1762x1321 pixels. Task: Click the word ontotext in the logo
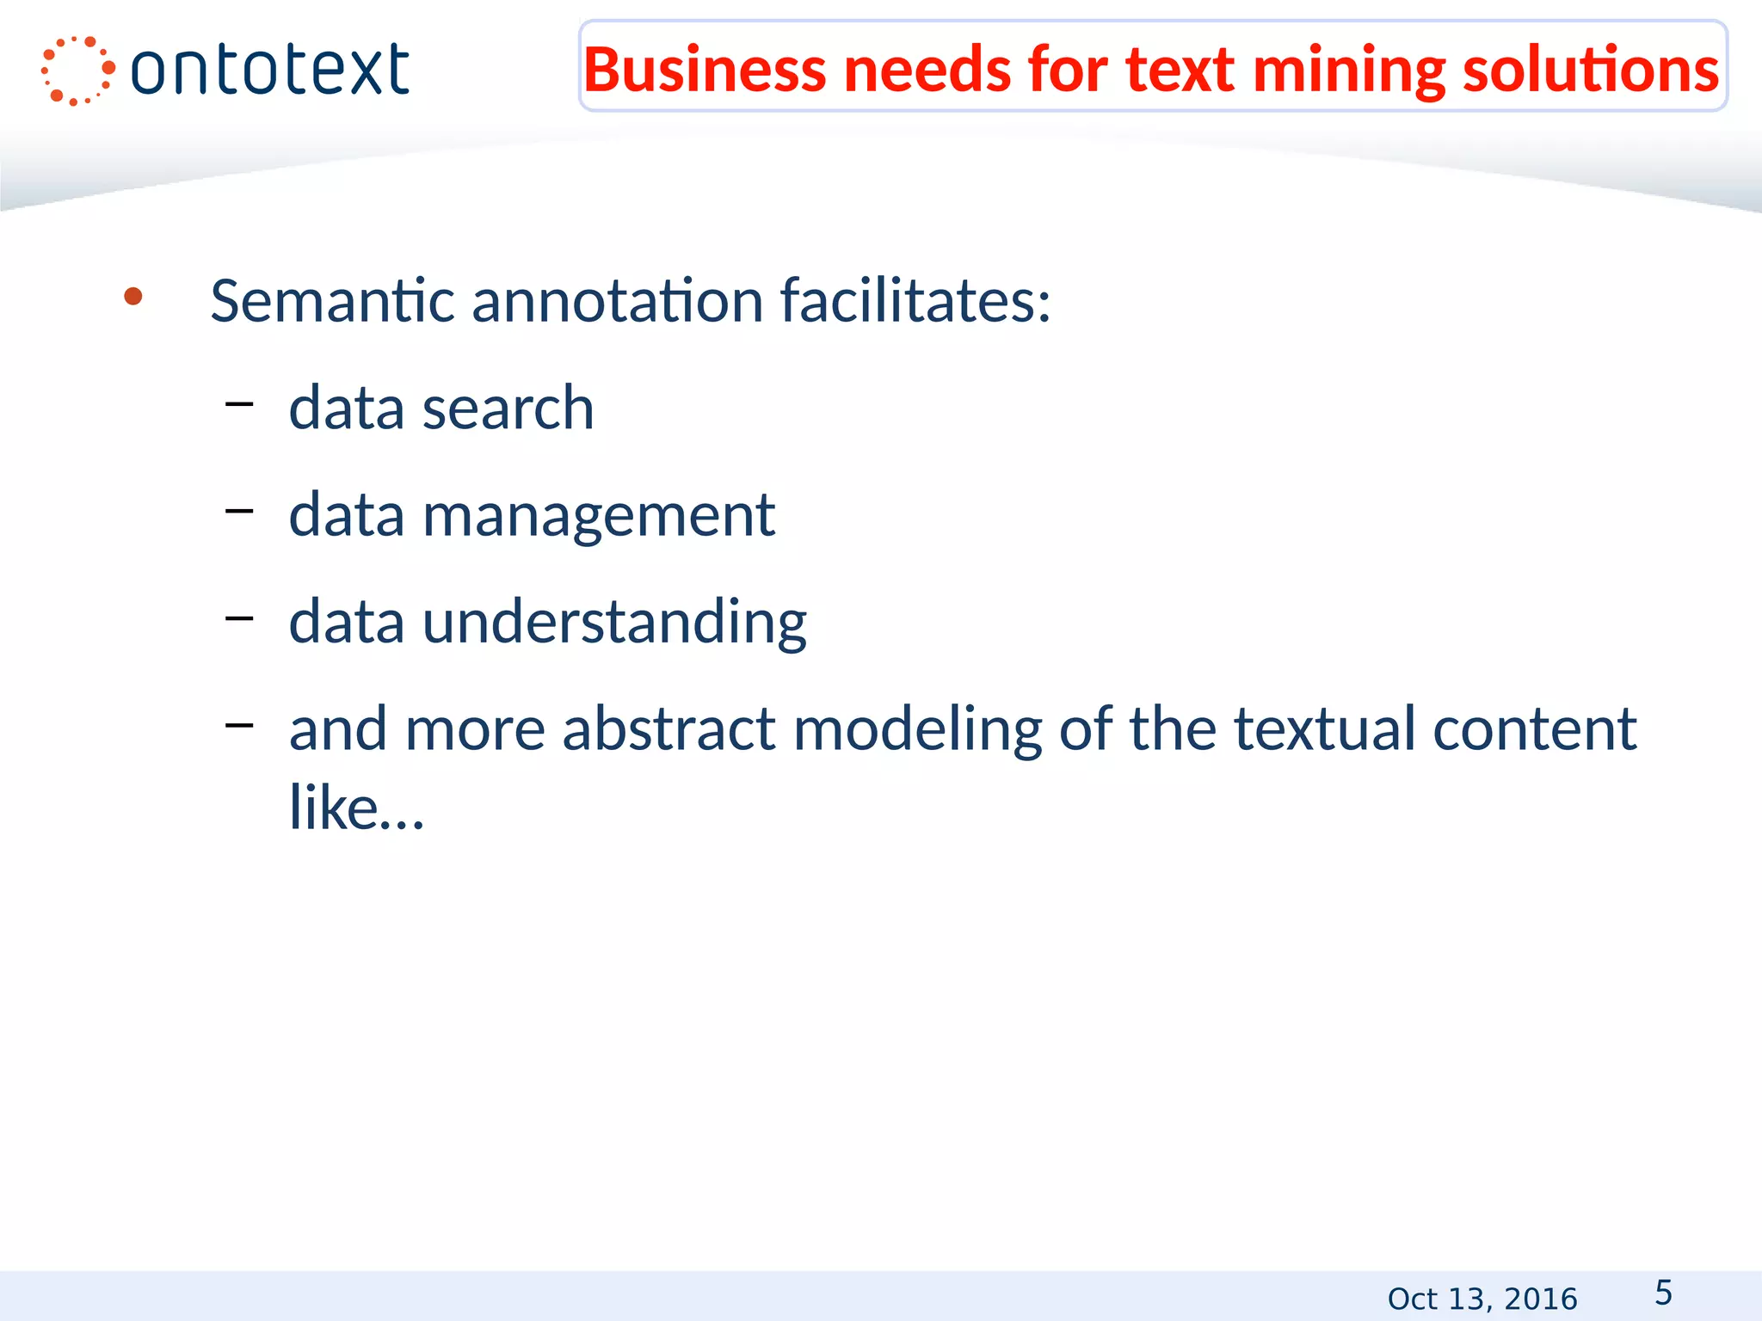(x=269, y=71)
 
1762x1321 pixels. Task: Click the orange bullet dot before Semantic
(x=132, y=298)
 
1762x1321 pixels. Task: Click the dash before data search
(x=239, y=402)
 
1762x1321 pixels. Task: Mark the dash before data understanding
(x=239, y=617)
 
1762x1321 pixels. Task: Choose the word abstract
(x=669, y=729)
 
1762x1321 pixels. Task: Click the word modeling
(x=917, y=729)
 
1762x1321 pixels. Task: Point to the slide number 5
(x=1663, y=1293)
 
